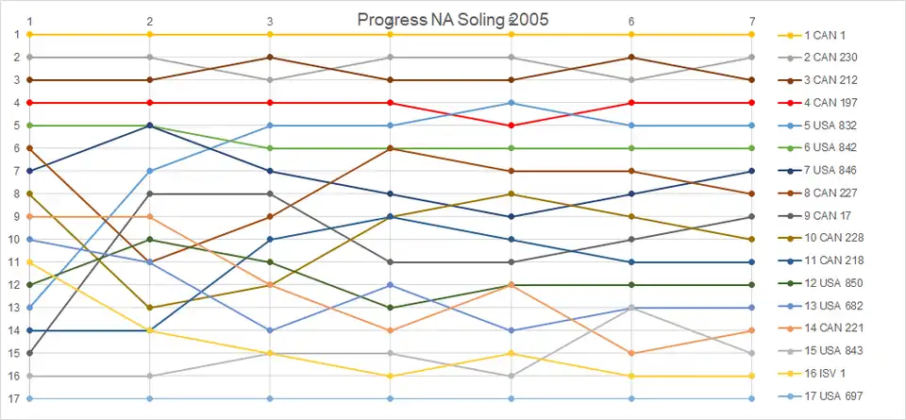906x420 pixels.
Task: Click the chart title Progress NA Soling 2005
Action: pyautogui.click(x=453, y=19)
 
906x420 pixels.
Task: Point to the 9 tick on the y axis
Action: pyautogui.click(x=16, y=216)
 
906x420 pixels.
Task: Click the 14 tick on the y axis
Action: pyautogui.click(x=16, y=330)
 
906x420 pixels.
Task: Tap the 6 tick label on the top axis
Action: pyautogui.click(x=631, y=21)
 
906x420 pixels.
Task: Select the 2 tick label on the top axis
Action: pyautogui.click(x=150, y=21)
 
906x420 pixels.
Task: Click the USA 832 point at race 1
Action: pyautogui.click(x=30, y=308)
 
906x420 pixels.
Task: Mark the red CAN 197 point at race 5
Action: pyautogui.click(x=512, y=126)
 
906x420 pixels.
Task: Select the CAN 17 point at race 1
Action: pyautogui.click(x=30, y=353)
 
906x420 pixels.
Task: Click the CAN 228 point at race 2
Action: pyautogui.click(x=150, y=308)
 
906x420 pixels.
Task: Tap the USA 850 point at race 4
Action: pyautogui.click(x=391, y=308)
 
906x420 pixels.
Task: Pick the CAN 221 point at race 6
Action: pyautogui.click(x=631, y=353)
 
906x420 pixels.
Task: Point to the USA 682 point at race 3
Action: pyautogui.click(x=271, y=330)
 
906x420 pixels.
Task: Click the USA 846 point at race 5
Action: pyautogui.click(x=512, y=216)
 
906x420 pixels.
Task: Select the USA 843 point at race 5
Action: pyautogui.click(x=512, y=376)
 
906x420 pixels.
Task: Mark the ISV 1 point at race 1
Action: pyautogui.click(x=30, y=261)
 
